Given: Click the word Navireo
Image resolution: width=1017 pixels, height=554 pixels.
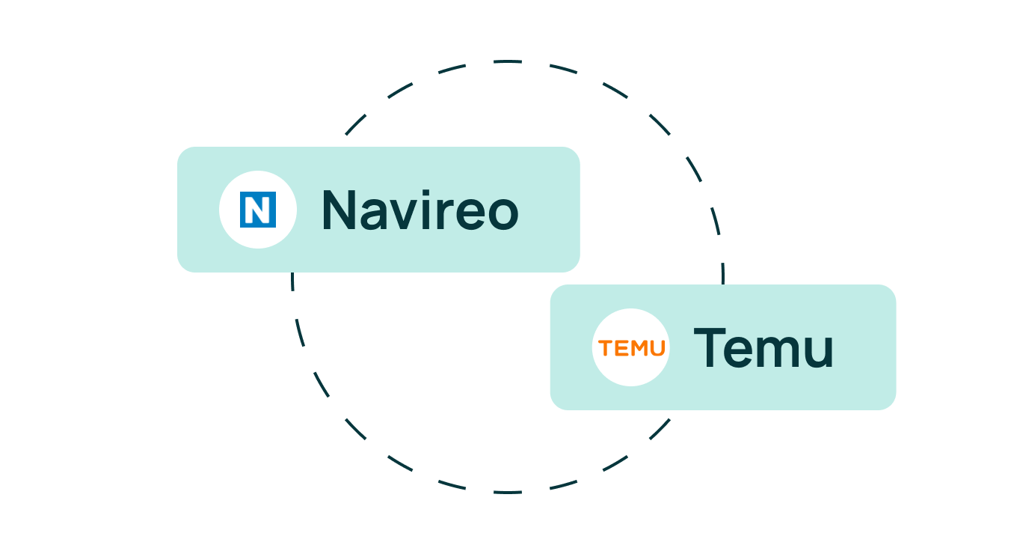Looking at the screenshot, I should tap(420, 210).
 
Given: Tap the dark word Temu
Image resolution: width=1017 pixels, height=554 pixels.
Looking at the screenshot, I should tap(763, 348).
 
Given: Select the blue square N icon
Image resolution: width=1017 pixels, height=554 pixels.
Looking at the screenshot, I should tap(258, 210).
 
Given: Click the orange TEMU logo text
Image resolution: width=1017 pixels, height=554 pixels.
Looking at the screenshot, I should tap(631, 348).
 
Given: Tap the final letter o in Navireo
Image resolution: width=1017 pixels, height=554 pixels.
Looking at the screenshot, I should tap(501, 213).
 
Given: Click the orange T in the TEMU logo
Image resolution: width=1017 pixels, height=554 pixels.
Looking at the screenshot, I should tap(604, 348).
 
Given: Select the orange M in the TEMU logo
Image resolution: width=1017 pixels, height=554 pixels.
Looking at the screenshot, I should tap(637, 348).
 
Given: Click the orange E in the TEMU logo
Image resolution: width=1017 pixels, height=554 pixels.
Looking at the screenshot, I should tap(619, 348).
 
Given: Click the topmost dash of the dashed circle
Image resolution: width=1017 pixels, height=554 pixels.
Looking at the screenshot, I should tap(508, 61).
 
